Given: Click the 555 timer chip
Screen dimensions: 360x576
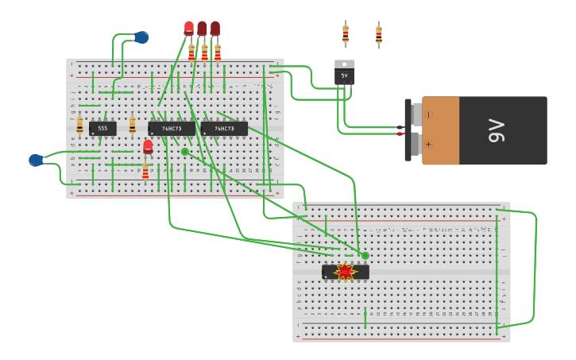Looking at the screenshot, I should [102, 128].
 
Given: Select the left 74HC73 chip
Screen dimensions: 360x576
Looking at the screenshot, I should [171, 128].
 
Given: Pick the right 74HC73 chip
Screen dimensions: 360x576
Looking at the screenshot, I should [223, 128].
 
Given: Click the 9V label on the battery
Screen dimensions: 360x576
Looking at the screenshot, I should [497, 130].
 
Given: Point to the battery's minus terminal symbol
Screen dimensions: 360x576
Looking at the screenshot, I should [429, 115].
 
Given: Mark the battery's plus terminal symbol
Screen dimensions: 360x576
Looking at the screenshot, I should [429, 144].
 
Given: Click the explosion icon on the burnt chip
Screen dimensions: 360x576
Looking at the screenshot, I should [345, 272].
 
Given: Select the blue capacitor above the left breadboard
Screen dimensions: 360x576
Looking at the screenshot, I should [141, 37].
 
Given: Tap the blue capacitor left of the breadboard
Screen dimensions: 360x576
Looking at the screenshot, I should [36, 161].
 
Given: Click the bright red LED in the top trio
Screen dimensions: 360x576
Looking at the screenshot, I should [189, 28].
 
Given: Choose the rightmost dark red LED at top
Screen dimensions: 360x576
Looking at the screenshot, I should [215, 28].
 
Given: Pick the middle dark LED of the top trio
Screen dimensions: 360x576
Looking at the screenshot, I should [202, 28].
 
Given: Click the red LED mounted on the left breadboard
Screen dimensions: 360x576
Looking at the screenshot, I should [148, 146].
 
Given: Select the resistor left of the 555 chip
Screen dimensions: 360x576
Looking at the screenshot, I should [79, 126].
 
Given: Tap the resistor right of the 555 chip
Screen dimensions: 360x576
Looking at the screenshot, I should [132, 126].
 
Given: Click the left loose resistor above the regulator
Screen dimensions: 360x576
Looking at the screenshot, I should [346, 34].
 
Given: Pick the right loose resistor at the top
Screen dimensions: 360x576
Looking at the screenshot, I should [379, 35].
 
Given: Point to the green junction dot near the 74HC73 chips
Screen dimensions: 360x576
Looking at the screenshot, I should [185, 152].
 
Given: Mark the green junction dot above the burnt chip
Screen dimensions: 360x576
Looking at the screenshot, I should [365, 256].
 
